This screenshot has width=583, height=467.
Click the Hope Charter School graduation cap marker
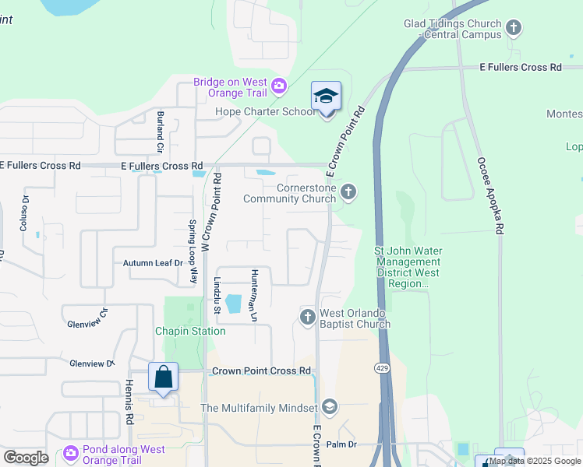pyautogui.click(x=326, y=97)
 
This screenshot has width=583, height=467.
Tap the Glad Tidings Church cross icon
pyautogui.click(x=513, y=29)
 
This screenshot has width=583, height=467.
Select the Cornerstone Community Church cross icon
pyautogui.click(x=348, y=191)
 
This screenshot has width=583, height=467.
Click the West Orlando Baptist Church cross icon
pyautogui.click(x=307, y=317)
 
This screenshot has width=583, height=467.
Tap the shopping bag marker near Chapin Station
pyautogui.click(x=164, y=377)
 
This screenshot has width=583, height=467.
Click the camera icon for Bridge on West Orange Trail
pyautogui.click(x=278, y=85)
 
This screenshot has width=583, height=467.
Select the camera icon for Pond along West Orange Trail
pyautogui.click(x=71, y=452)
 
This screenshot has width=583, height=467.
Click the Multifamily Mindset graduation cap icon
pyautogui.click(x=329, y=407)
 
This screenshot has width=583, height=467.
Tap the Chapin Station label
pyautogui.click(x=190, y=331)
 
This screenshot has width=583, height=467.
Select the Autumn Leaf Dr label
pyautogui.click(x=153, y=263)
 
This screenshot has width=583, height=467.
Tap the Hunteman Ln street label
pyautogui.click(x=253, y=296)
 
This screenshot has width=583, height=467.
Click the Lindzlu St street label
pyautogui.click(x=217, y=296)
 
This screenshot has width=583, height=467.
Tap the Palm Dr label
pyautogui.click(x=341, y=444)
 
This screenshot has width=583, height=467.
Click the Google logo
pyautogui.click(x=26, y=458)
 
